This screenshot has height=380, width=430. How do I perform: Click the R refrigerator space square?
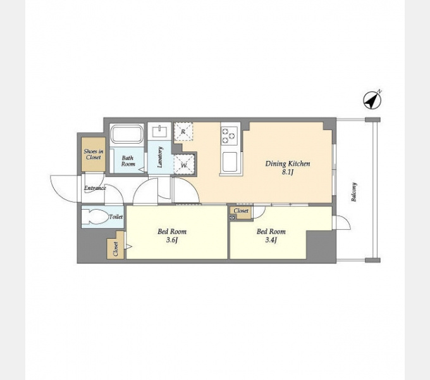pos(183,131)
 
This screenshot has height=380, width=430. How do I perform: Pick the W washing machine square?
pos(183,164)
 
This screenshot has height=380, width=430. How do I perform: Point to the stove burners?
pos(228,134)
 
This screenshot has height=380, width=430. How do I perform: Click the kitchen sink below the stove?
pos(229,161)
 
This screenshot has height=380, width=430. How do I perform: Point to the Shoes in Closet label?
pos(93,154)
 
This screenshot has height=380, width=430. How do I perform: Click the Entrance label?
pos(95,188)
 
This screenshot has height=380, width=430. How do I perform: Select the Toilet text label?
pos(116,217)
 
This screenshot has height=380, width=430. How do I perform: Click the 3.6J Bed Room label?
pos(171,236)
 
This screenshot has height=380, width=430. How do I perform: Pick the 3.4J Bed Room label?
pos(271,236)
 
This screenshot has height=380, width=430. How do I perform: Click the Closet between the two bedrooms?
pos(241,212)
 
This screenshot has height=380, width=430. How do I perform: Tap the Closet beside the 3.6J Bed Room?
pos(116,249)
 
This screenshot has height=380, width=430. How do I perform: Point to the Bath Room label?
pos(128,161)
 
